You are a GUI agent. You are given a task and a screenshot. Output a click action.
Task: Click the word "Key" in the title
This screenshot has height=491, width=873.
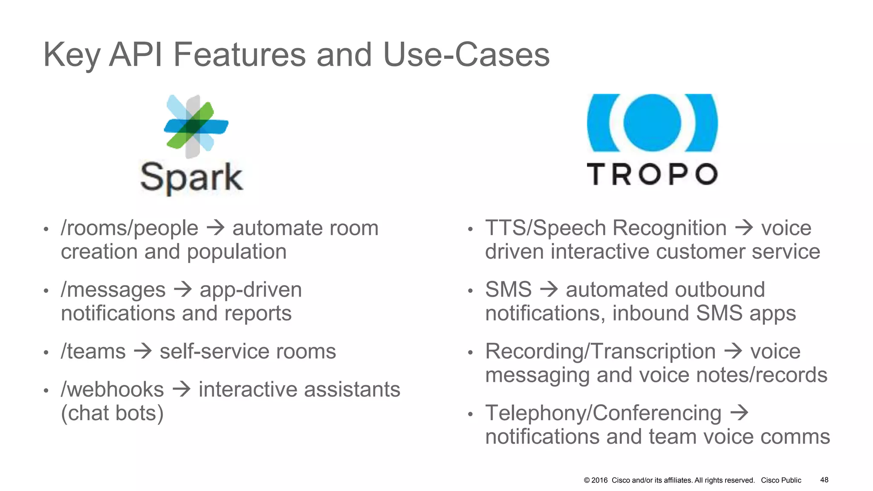coord(72,55)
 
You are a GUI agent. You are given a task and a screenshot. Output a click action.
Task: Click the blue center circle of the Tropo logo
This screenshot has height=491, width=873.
coord(652,123)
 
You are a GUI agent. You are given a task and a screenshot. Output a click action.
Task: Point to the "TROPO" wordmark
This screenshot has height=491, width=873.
coord(652,174)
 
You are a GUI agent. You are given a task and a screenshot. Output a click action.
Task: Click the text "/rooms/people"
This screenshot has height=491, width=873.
coord(130,228)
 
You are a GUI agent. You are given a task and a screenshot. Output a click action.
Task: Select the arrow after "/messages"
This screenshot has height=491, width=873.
coord(183,290)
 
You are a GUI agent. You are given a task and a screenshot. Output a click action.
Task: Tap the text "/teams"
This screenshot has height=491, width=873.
coord(93,352)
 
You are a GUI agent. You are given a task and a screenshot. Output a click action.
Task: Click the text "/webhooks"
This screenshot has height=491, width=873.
coord(113,390)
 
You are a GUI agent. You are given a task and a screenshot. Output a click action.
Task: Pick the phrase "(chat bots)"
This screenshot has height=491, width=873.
coord(112,413)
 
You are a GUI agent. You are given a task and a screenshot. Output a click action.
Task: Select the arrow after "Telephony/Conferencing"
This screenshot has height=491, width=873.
coord(739,413)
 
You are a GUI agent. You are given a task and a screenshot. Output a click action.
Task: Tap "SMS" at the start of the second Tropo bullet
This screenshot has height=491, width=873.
coord(508,290)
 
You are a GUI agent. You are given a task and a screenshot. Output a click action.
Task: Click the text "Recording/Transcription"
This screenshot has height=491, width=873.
coord(600,352)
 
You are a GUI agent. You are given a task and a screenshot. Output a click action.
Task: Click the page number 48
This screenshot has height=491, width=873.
coord(824,480)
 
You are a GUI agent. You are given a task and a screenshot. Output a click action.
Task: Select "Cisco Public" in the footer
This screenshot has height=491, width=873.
coord(781,480)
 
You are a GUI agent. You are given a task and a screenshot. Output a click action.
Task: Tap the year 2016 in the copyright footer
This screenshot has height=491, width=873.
coord(599,480)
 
